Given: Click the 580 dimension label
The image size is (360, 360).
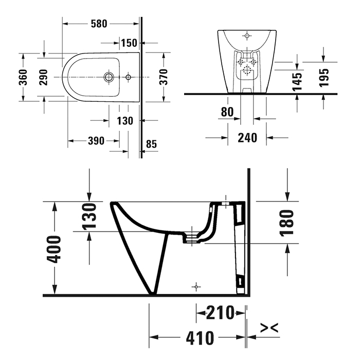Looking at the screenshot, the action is [99, 24].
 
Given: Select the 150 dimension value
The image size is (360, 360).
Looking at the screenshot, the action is [129, 43].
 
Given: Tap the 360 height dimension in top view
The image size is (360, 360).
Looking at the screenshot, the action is [23, 77].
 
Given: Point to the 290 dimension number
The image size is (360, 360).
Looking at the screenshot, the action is [43, 77].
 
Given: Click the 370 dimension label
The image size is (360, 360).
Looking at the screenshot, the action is [164, 77].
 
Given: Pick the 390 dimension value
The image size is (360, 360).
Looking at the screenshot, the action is [96, 141].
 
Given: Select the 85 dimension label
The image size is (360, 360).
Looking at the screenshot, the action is [152, 144].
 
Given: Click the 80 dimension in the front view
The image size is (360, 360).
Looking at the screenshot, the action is [227, 112].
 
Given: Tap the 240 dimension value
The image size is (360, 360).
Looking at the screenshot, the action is [247, 138].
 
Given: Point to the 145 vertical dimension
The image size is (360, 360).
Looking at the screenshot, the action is [297, 82].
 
